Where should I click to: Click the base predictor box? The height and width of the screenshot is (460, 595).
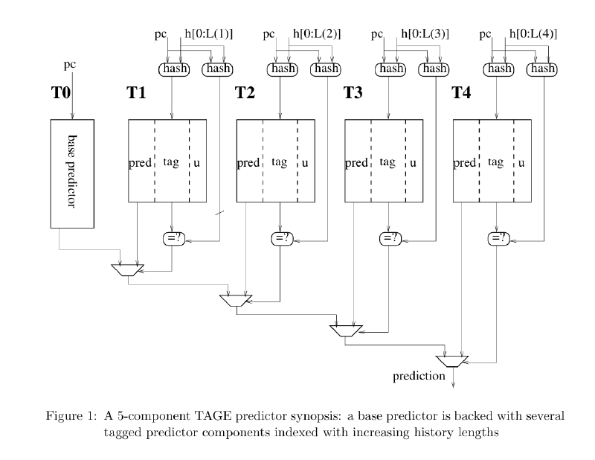tap(72, 173)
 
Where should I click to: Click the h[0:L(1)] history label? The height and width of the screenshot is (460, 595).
tap(208, 33)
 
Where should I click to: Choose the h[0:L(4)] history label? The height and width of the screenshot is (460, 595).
tap(533, 33)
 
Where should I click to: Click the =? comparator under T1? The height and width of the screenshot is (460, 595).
tap(173, 238)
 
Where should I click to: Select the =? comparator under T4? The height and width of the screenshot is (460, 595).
tap(497, 238)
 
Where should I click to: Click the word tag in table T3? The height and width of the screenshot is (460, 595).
tap(387, 162)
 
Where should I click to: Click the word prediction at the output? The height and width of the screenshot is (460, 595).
tap(419, 376)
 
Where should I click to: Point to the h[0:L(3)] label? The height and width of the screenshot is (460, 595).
tap(425, 33)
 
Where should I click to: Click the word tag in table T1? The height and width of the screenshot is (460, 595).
tap(171, 162)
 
